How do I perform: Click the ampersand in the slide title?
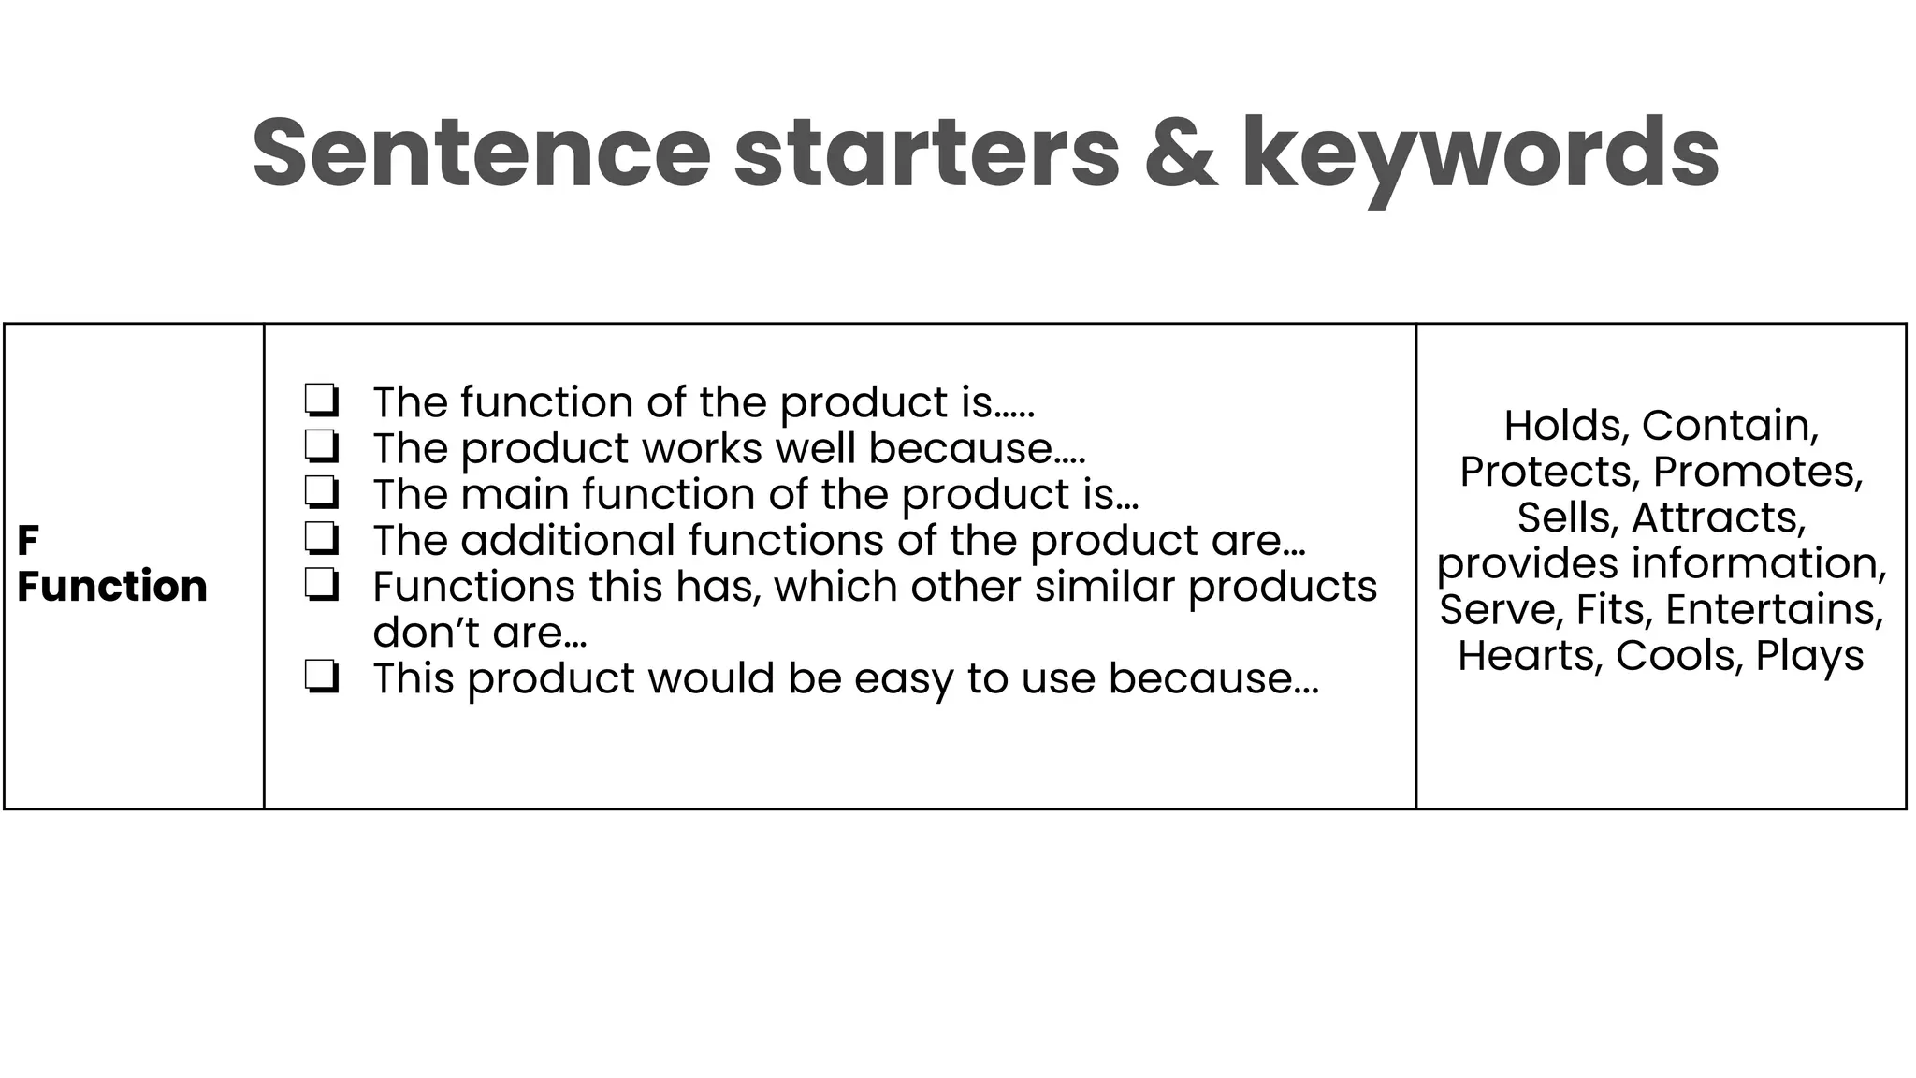point(1181,153)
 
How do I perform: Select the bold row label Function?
point(112,587)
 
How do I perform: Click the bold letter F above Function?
point(28,541)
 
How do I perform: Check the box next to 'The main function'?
point(321,492)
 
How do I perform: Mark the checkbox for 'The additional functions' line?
point(321,539)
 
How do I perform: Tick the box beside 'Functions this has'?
point(321,585)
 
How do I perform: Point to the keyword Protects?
point(1549,472)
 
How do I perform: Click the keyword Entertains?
point(1774,609)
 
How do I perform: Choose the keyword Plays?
point(1809,656)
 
